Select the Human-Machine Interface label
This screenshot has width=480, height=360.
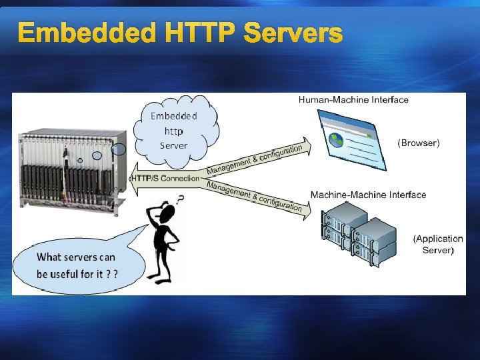click(353, 100)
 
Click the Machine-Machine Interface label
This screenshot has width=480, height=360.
click(368, 195)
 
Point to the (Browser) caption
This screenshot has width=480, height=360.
click(419, 143)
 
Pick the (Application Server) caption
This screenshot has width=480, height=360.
click(438, 244)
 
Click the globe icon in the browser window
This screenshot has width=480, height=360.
click(336, 141)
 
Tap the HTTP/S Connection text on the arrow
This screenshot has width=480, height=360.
click(166, 178)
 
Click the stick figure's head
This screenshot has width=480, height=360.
click(167, 214)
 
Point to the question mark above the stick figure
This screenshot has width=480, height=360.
click(180, 198)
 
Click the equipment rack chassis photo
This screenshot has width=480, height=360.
click(70, 167)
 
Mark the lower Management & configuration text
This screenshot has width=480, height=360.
click(255, 196)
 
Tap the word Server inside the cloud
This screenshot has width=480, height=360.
click(174, 145)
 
